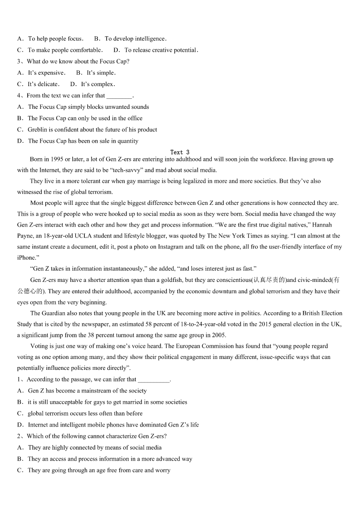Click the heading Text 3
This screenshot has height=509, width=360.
pos(180,152)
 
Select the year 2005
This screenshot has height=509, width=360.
pos(219,335)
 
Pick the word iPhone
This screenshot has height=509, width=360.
pos(26,257)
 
